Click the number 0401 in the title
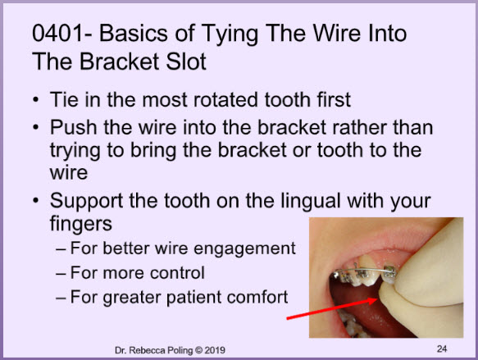57,33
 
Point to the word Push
74,127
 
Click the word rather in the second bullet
359,127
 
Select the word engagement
244,249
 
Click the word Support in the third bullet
87,202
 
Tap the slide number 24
442,349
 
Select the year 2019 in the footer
215,350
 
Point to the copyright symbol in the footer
198,350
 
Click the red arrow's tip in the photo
378,299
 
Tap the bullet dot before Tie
36,100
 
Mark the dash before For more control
61,273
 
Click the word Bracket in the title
119,62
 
